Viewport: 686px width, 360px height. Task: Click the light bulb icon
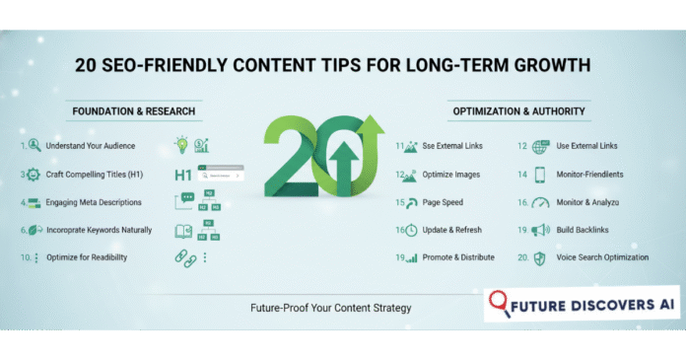(182, 145)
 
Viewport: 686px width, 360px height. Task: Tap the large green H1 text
(183, 176)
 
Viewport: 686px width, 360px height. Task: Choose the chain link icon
(184, 258)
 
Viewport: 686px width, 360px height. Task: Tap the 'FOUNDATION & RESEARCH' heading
(137, 109)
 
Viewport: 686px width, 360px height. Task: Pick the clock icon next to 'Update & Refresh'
(412, 230)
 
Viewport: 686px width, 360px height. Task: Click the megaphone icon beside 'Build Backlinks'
(539, 231)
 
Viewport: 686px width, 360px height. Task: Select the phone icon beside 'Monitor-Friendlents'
(539, 175)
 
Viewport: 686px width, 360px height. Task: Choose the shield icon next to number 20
(539, 258)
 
